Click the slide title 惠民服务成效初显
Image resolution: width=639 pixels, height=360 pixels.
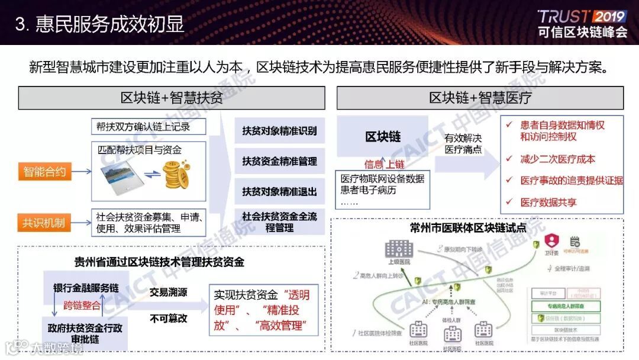coord(109,24)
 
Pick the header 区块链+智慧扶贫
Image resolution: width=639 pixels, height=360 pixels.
coord(172,98)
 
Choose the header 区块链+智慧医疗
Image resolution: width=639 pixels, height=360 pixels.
coord(480,98)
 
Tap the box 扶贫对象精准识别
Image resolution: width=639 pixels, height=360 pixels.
coord(279,131)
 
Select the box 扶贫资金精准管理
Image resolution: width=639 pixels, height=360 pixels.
coord(279,161)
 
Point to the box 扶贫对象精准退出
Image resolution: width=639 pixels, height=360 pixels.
coord(279,192)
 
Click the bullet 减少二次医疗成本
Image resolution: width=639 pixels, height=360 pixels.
coord(557,159)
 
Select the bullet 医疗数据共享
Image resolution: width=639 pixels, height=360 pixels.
coord(548,202)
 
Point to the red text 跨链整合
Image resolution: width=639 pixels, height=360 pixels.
coord(82,306)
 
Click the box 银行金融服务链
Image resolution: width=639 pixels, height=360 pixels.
coord(86,288)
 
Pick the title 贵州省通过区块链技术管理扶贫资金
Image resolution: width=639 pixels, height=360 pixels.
coord(159,261)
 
